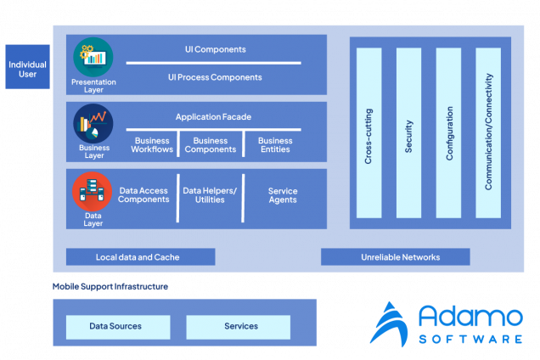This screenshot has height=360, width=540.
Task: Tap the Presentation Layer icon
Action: click(93, 58)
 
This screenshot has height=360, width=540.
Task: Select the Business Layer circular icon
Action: click(93, 124)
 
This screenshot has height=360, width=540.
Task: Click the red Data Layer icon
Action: click(93, 192)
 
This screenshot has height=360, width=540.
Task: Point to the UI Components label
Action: click(215, 49)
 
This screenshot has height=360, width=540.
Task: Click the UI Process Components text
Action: click(215, 77)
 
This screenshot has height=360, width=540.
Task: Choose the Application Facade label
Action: click(213, 117)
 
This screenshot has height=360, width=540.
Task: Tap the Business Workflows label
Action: click(152, 145)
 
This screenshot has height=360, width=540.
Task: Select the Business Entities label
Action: click(275, 145)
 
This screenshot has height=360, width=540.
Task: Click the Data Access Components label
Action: click(143, 195)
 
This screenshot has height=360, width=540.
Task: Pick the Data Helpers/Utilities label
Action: click(210, 195)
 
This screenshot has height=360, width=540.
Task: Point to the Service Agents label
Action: click(283, 195)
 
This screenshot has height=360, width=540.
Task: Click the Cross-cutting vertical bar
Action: click(369, 132)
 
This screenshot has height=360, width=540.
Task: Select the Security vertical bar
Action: click(409, 132)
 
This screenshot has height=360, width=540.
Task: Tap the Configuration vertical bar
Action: click(449, 132)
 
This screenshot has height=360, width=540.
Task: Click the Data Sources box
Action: click(115, 326)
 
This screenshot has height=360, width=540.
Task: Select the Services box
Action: click(241, 326)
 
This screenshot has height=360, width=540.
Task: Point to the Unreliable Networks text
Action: click(401, 256)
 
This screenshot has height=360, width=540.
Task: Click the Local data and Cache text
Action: click(138, 256)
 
